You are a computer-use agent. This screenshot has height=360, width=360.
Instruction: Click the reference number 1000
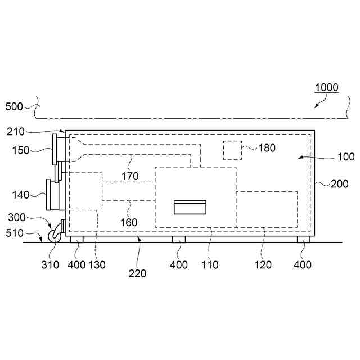pyautogui.click(x=326, y=87)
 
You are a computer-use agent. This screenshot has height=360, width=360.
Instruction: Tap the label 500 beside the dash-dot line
pyautogui.click(x=15, y=106)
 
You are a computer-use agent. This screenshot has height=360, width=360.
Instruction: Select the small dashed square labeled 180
pyautogui.click(x=232, y=150)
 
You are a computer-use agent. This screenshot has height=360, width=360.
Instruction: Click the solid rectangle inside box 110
pyautogui.click(x=190, y=207)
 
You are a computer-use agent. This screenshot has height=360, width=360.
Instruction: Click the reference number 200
pyautogui.click(x=339, y=183)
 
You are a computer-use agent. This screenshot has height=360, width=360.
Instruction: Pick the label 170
pyautogui.click(x=130, y=177)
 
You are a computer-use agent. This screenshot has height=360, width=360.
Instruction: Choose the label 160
pyautogui.click(x=128, y=222)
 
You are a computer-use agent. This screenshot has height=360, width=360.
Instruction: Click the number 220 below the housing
pyautogui.click(x=137, y=274)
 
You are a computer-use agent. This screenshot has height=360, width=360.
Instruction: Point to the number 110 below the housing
pyautogui.click(x=210, y=264)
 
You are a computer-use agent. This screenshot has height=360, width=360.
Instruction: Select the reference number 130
pyautogui.click(x=96, y=264)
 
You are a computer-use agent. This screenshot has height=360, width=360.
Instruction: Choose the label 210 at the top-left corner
pyautogui.click(x=16, y=132)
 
